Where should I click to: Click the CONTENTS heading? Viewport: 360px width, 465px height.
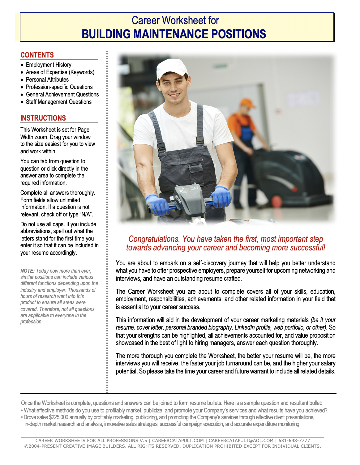pos(37,55)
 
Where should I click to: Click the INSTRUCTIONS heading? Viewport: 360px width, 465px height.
pos(43,118)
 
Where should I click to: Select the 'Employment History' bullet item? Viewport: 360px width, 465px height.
pos(49,65)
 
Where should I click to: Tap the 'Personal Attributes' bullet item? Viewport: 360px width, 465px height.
pos(47,80)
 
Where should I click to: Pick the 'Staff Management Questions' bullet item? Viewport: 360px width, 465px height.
pos(59,102)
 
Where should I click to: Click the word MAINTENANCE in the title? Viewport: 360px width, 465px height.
pos(171,34)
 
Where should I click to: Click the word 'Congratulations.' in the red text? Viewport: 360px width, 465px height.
pos(154,239)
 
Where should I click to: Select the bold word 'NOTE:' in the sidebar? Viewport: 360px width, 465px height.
pos(28,271)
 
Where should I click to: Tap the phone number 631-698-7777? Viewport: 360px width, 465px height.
pos(294,441)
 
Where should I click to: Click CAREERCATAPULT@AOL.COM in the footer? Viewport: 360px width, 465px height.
pos(241,441)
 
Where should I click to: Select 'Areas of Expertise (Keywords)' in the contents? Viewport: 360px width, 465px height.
pos(60,72)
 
